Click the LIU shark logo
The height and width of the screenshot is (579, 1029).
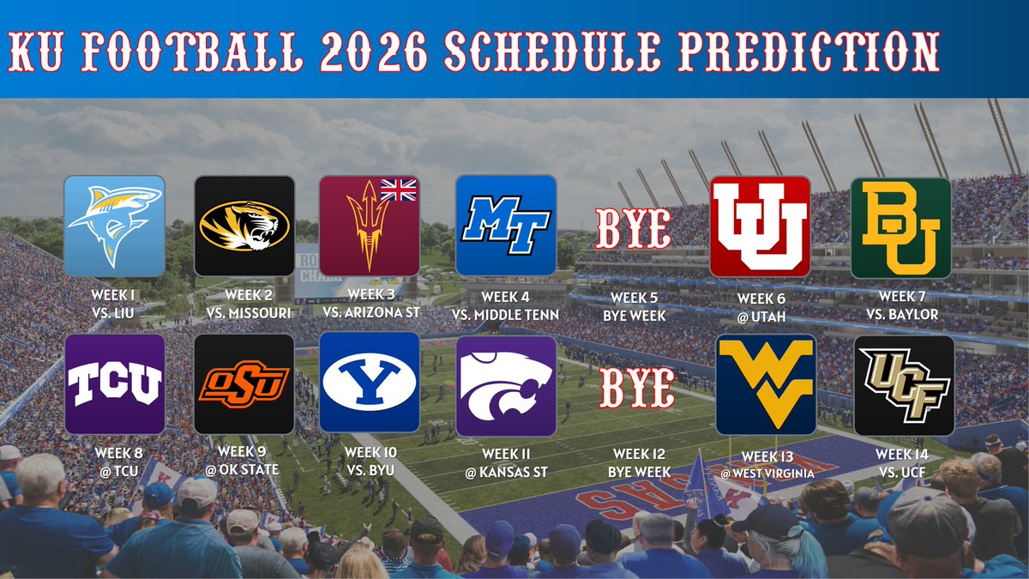(114, 226)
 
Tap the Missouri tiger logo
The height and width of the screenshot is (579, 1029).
(244, 226)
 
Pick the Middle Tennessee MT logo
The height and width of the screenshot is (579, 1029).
(505, 226)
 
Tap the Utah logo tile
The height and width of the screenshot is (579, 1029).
(760, 226)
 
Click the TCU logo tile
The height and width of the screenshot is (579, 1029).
(114, 383)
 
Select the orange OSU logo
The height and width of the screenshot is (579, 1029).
(244, 383)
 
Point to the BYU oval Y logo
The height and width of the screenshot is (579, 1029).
(369, 383)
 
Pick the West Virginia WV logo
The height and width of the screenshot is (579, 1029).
(767, 384)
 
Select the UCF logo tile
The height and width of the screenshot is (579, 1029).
(904, 384)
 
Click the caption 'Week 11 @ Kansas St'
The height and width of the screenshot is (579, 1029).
(505, 462)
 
